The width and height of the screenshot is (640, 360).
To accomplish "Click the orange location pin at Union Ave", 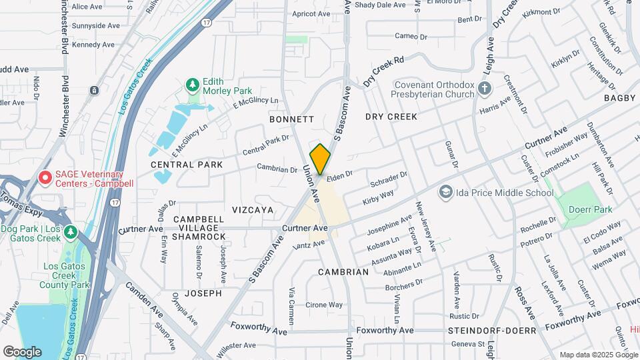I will [320, 159].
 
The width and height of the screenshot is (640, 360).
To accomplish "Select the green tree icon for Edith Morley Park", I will [193, 85].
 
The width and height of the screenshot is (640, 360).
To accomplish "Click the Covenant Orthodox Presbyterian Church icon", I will [485, 88].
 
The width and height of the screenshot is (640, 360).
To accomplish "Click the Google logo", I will [22, 352].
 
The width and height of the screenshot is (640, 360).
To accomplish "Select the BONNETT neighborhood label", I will [291, 119].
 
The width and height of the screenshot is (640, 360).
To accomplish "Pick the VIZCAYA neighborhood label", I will [253, 209].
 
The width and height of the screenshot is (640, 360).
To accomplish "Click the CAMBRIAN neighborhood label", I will [343, 272].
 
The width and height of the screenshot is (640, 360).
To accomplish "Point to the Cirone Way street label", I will [324, 305].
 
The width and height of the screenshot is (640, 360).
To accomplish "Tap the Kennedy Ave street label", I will [93, 45].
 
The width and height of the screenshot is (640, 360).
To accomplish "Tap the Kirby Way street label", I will [378, 197].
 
